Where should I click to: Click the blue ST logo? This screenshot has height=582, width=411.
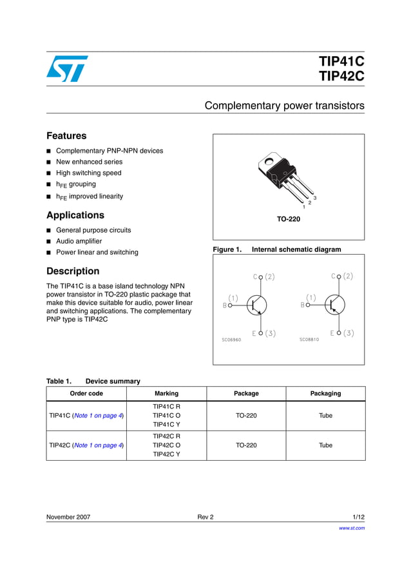67,68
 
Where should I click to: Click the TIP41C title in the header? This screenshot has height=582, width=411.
341,62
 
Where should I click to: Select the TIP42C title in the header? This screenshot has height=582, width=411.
341,77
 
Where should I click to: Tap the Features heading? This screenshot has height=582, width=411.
66,136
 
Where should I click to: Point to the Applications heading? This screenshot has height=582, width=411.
75,215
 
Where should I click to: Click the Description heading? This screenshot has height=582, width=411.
73,271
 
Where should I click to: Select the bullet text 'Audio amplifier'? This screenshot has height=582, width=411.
81,241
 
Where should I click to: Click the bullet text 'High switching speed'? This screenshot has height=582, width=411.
88,173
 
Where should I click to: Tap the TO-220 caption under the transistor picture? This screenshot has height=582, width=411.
289,219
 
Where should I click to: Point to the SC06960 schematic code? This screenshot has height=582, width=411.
231,340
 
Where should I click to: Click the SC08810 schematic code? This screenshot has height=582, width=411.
309,340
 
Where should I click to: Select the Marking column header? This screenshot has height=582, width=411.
166,393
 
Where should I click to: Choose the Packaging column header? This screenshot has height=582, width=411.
325,393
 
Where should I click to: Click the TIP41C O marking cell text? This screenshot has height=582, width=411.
166,416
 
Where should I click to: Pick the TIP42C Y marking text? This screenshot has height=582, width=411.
166,454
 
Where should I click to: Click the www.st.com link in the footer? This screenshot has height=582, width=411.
352,528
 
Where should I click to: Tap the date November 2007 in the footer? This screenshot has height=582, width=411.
68,517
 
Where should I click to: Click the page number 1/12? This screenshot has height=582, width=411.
358,517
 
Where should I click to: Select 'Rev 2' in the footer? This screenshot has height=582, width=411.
205,517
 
